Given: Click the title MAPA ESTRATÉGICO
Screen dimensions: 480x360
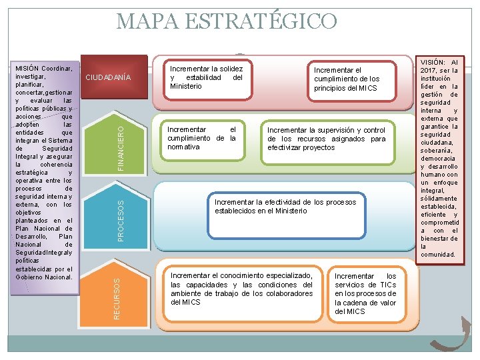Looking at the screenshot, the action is click(x=227, y=21).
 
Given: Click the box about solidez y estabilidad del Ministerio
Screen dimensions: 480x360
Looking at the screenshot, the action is click(x=206, y=78).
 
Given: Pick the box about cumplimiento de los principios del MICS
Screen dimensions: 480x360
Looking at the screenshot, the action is click(x=346, y=79).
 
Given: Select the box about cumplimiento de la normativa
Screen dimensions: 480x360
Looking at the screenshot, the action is click(x=201, y=139).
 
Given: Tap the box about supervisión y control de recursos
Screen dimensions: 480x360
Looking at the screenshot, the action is click(x=326, y=139).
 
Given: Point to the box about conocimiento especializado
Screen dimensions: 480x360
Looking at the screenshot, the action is click(x=241, y=289).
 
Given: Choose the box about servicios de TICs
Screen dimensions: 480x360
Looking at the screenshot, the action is click(x=365, y=293).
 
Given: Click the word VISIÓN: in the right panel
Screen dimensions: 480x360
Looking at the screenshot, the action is click(x=433, y=62).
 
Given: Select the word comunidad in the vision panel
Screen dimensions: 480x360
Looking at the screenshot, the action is click(x=437, y=254).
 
